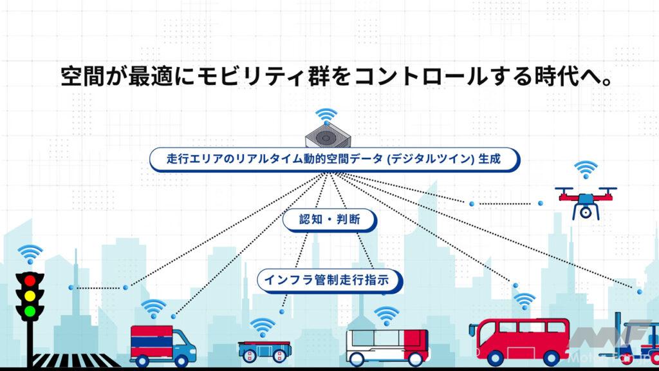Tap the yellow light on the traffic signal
[30, 296]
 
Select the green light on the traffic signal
[30, 311]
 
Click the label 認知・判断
[329, 220]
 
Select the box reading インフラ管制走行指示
[330, 281]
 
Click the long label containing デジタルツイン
[335, 160]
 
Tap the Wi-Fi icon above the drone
[586, 170]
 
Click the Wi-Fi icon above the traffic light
[30, 254]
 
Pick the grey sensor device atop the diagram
[328, 135]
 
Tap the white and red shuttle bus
[387, 347]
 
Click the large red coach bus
[519, 341]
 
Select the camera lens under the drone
[586, 213]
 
